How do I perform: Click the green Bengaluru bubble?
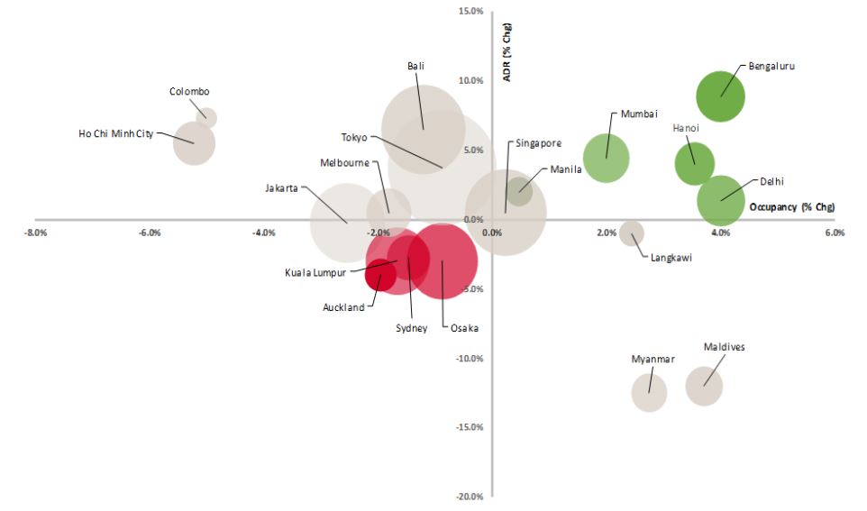point(720,96)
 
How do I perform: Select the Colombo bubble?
point(206,117)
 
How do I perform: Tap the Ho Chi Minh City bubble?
point(195,143)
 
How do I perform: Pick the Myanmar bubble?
point(649,392)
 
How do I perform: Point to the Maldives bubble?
point(704,385)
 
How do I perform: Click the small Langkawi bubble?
point(632,232)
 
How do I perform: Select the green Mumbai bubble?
point(606,158)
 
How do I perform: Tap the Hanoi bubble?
point(694,163)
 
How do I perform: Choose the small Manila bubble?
point(518,190)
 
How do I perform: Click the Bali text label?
point(415,66)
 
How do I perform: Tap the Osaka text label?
point(465,328)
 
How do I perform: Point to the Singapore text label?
point(538,143)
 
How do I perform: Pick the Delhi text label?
point(771,181)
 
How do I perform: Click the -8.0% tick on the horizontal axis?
point(36,233)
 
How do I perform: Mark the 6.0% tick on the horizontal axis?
point(835,233)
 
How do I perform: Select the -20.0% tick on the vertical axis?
point(472,497)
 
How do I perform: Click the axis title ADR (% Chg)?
point(507,57)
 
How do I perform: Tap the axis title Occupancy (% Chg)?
point(791,207)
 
